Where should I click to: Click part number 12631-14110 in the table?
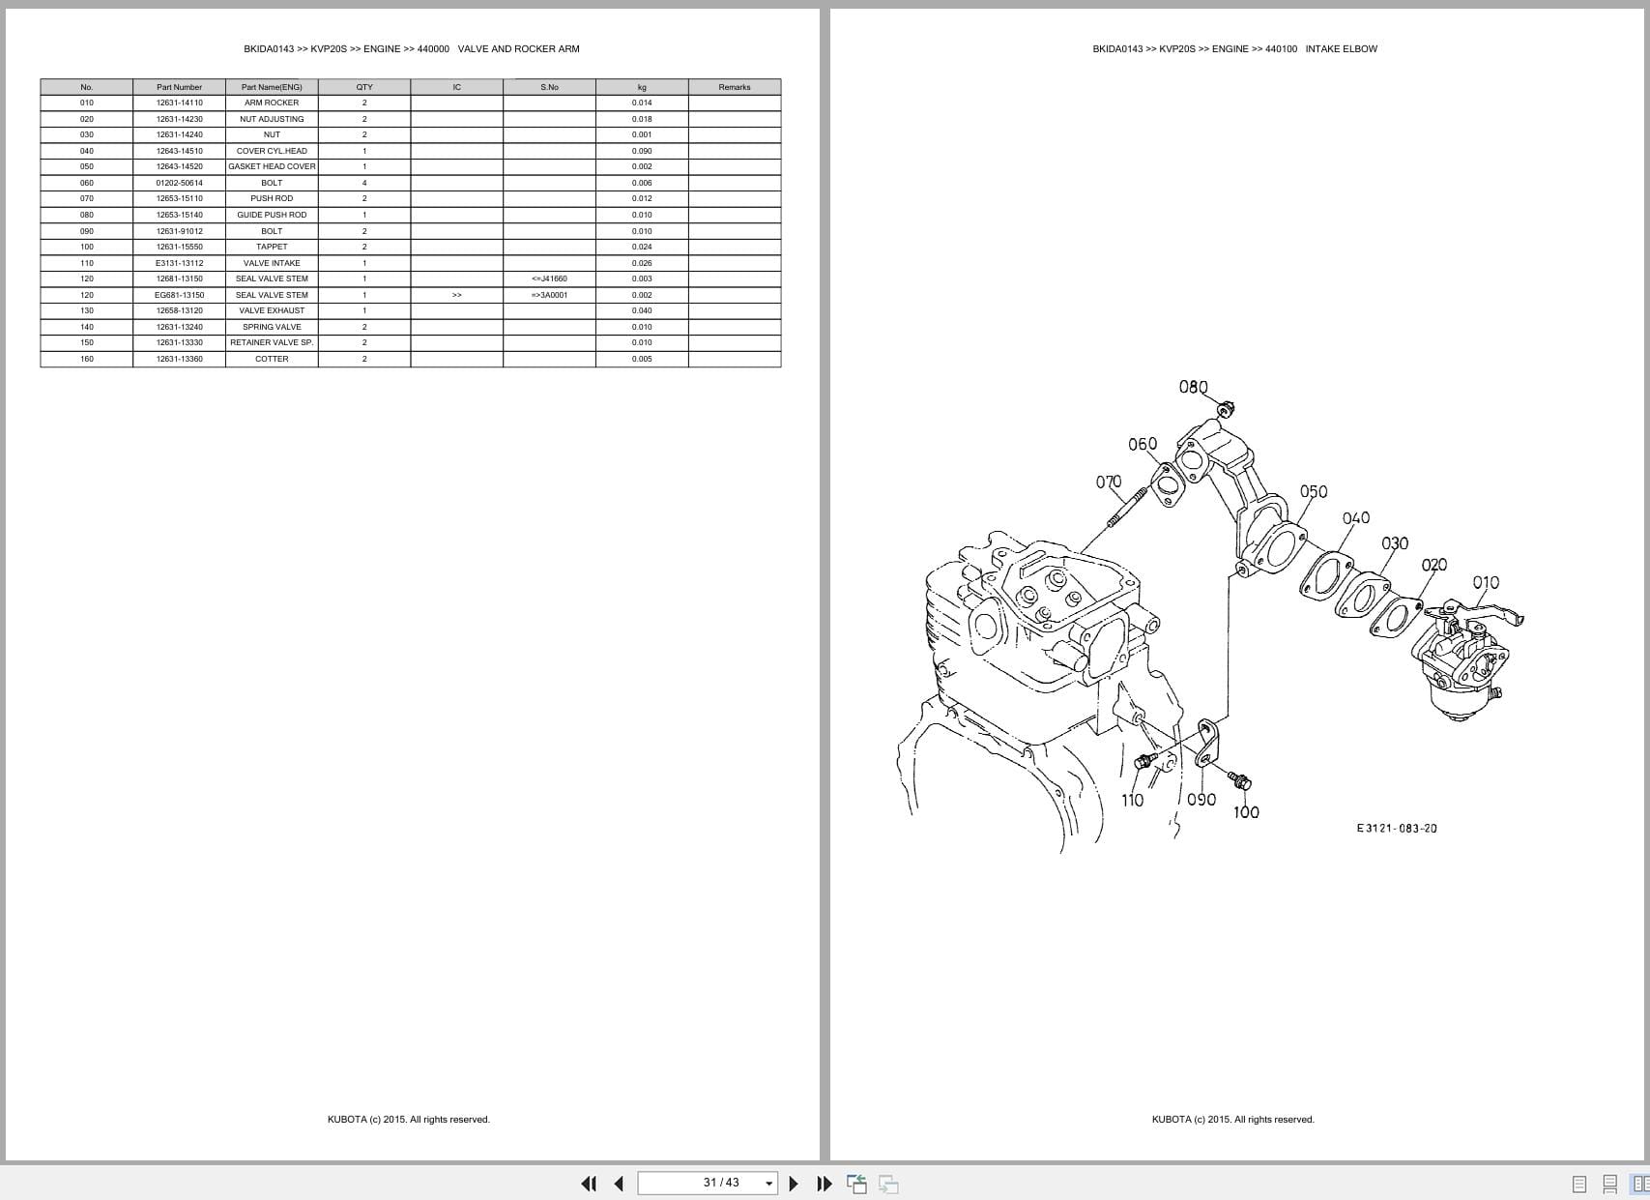pos(179,102)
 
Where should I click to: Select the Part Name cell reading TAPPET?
pos(272,247)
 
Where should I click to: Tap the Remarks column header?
pos(734,87)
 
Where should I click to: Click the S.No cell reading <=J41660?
pos(549,278)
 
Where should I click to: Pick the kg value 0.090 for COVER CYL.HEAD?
pos(642,151)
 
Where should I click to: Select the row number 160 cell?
pos(87,359)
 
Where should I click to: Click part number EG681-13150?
pos(179,295)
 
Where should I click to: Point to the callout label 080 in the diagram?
pos(1193,387)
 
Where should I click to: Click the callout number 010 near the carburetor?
pos(1486,582)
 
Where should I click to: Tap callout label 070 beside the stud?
pos(1109,482)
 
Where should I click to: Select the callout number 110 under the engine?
pos(1132,800)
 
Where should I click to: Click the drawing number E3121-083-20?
pos(1397,828)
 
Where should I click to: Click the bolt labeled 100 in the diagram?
pos(1238,779)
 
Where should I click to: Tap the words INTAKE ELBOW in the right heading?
pos(1341,48)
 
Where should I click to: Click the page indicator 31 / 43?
pos(721,1183)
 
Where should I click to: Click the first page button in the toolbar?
pos(589,1184)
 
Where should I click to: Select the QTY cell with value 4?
pos(364,183)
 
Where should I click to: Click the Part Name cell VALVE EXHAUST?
pos(272,310)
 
